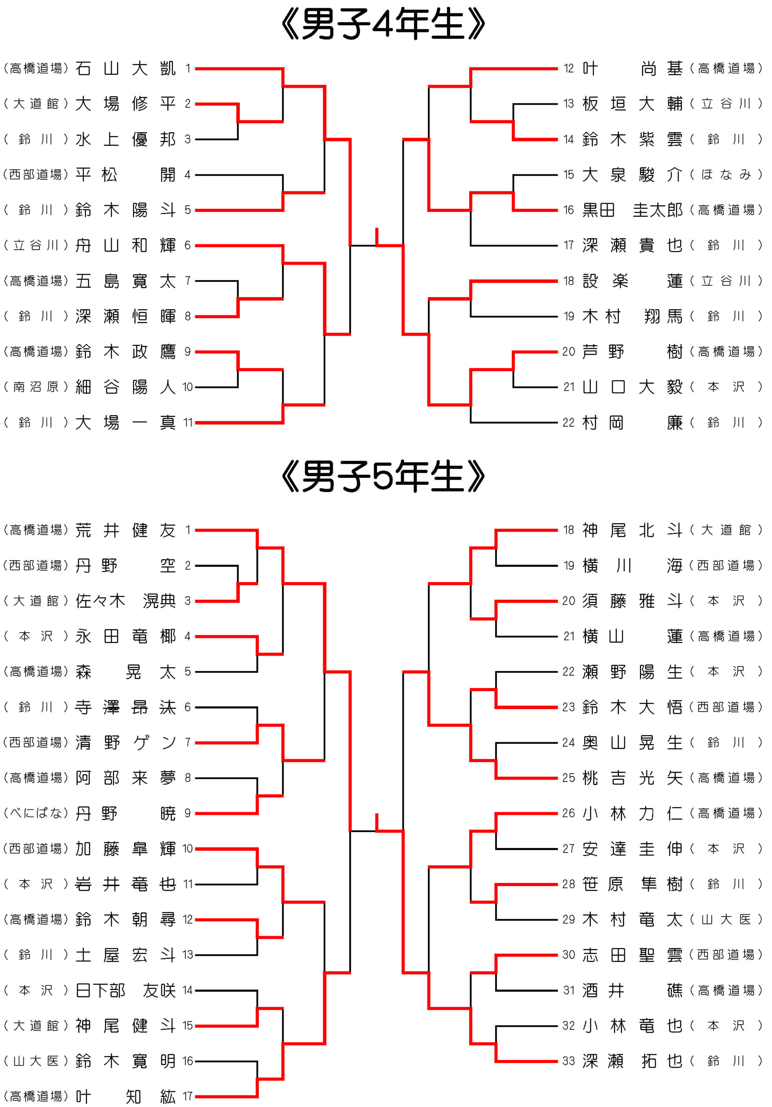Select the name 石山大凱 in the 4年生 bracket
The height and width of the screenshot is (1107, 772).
point(125,68)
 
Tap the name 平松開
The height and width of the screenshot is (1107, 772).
point(125,175)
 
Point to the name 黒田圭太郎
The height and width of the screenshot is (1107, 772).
point(632,210)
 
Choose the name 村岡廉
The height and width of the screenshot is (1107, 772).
point(632,423)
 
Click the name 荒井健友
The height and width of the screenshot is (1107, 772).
point(125,530)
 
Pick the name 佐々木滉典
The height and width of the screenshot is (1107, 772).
point(125,601)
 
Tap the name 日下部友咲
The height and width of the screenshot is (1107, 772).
point(125,990)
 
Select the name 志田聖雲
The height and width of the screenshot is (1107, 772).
point(632,955)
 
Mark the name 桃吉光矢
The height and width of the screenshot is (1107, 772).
point(632,777)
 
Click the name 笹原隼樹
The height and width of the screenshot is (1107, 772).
point(632,884)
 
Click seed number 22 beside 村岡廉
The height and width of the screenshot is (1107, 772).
point(569,423)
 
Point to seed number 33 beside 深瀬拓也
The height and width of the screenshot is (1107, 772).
point(569,1061)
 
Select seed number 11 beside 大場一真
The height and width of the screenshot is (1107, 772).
point(188,423)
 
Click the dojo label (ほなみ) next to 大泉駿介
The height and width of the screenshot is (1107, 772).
point(726,175)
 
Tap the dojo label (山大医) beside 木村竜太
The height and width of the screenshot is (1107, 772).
point(726,919)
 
